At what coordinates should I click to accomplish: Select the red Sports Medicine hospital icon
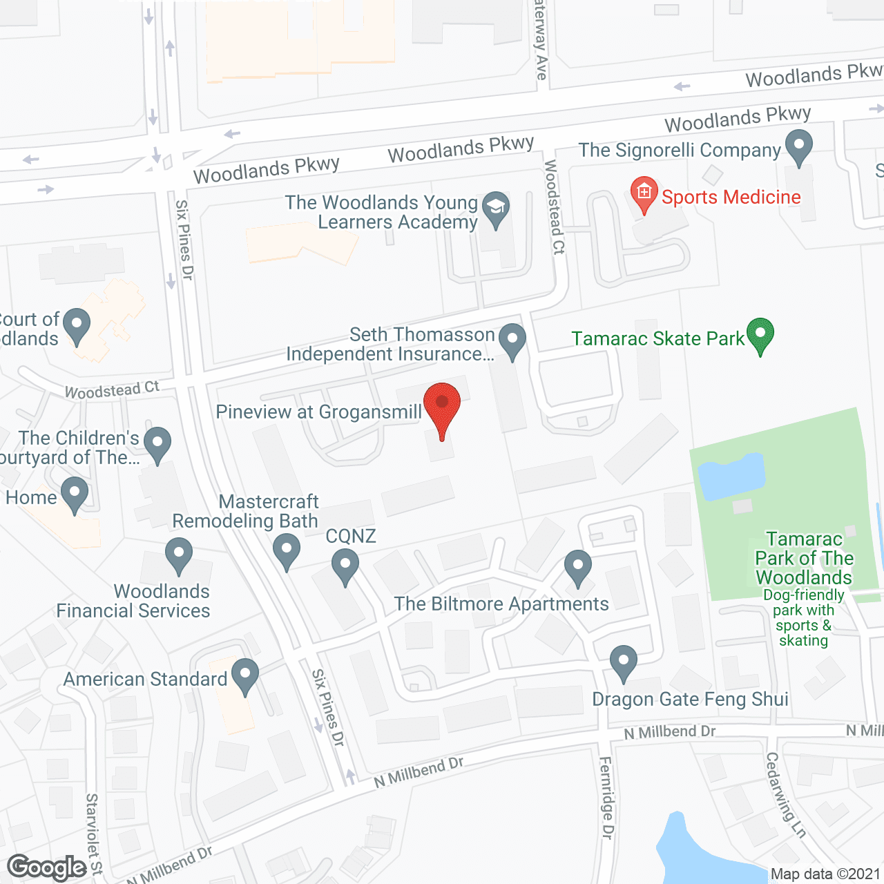tap(644, 193)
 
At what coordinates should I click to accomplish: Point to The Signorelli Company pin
tap(799, 148)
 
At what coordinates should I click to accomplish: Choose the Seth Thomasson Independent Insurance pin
tap(512, 340)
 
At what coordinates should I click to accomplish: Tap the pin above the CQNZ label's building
tap(345, 566)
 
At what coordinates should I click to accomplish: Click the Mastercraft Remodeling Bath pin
tap(286, 551)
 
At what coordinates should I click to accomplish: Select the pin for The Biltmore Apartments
tap(578, 567)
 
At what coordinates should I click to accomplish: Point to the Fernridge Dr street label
tap(606, 798)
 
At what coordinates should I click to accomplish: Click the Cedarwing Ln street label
tap(786, 794)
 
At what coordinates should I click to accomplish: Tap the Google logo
tap(47, 867)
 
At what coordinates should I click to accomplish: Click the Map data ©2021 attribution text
tap(825, 874)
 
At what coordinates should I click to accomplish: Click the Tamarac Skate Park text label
tap(657, 338)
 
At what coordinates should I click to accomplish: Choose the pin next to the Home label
tap(75, 494)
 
